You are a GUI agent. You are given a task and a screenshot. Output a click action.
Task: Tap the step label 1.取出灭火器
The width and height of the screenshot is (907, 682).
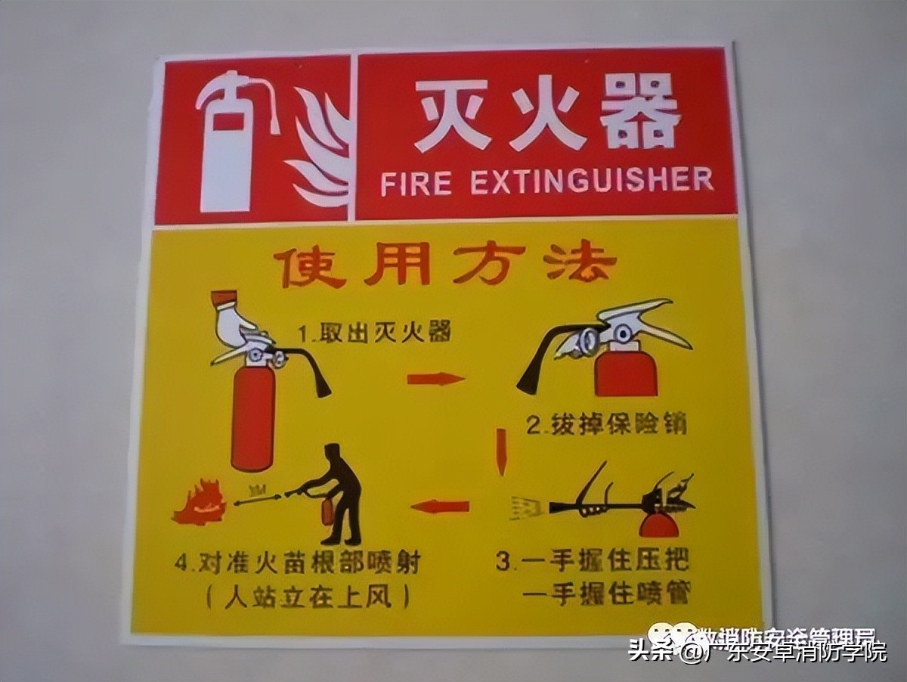[x=373, y=332]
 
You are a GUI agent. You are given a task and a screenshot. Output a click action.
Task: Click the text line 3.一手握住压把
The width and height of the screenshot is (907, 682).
[x=594, y=561]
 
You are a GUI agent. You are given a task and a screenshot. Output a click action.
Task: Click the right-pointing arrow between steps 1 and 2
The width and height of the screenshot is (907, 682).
[x=435, y=378]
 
